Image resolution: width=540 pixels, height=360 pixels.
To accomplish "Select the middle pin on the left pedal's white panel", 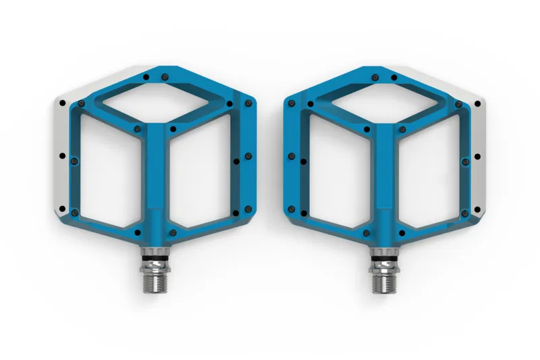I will pos(62,156).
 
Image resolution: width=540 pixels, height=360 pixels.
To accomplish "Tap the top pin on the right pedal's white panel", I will pos(478,103).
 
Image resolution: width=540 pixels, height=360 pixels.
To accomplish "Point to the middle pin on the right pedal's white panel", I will pos(478,156).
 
